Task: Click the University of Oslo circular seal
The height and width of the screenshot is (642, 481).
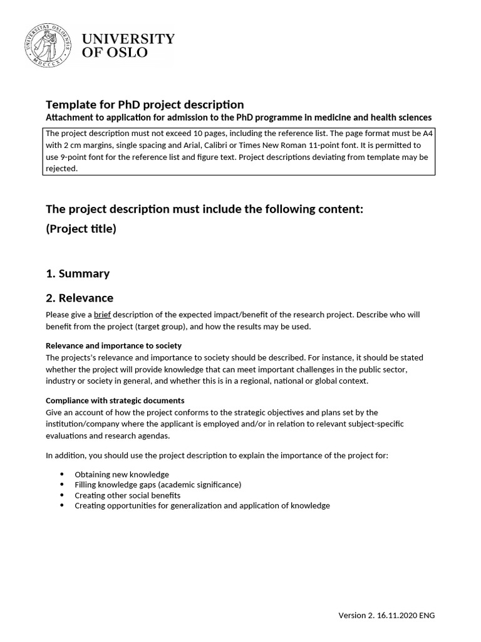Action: tap(49, 45)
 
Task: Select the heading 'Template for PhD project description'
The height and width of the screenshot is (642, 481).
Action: tap(145, 104)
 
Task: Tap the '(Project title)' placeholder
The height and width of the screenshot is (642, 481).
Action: tap(81, 229)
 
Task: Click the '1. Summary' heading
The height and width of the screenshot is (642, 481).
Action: tap(78, 273)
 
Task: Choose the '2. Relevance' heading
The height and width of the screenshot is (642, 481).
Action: tap(80, 298)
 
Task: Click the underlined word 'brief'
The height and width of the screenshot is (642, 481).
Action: tap(102, 315)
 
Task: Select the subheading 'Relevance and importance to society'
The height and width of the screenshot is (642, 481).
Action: tap(114, 345)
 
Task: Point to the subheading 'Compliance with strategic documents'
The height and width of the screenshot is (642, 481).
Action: tap(115, 400)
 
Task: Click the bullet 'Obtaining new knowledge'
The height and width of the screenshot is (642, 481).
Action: tap(122, 475)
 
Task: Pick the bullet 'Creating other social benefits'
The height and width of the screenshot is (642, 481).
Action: tap(127, 495)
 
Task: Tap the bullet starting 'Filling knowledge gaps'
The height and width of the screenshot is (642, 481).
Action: tap(157, 485)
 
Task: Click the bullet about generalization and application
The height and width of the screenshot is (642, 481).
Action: tap(202, 505)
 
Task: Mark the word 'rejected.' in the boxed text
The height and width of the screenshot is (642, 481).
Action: tap(61, 168)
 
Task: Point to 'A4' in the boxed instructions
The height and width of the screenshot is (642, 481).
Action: tap(428, 133)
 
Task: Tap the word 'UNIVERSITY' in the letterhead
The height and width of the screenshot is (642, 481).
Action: tap(128, 39)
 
